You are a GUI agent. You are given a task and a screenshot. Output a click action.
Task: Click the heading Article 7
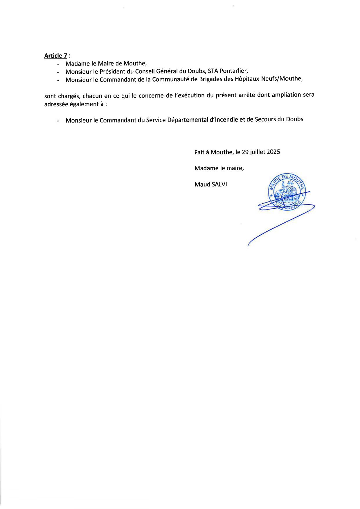tap(55, 55)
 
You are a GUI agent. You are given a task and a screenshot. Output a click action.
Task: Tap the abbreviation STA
tap(213, 71)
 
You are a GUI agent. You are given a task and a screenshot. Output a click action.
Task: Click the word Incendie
tap(224, 120)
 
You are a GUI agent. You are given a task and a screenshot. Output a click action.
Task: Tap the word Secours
tap(265, 119)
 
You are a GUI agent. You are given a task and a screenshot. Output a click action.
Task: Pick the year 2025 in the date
tap(273, 152)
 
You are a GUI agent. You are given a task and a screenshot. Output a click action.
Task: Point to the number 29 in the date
tap(245, 152)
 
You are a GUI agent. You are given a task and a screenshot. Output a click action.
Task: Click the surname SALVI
tap(219, 184)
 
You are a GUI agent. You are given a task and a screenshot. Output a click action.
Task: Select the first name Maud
tap(202, 184)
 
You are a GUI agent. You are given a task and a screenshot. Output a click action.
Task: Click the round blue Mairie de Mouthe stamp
tap(286, 192)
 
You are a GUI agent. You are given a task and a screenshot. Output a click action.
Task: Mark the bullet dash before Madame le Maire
tap(58, 64)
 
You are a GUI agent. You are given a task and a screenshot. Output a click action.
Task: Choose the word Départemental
tap(188, 120)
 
